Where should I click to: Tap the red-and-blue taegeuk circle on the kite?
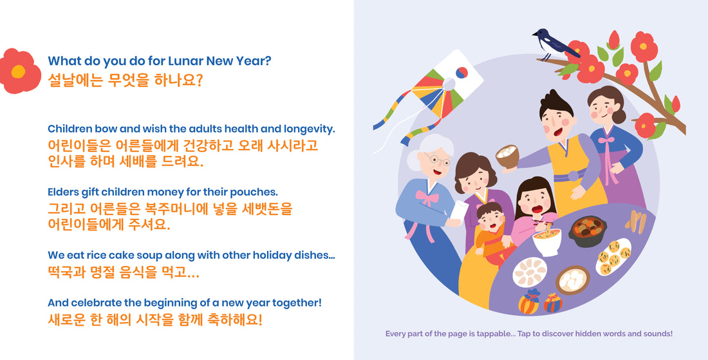(x=462, y=73)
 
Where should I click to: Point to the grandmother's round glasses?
(x=437, y=160)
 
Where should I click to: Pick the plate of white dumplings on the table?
(x=530, y=271)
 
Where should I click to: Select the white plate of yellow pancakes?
(x=613, y=257)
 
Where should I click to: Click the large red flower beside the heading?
(x=19, y=71)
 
